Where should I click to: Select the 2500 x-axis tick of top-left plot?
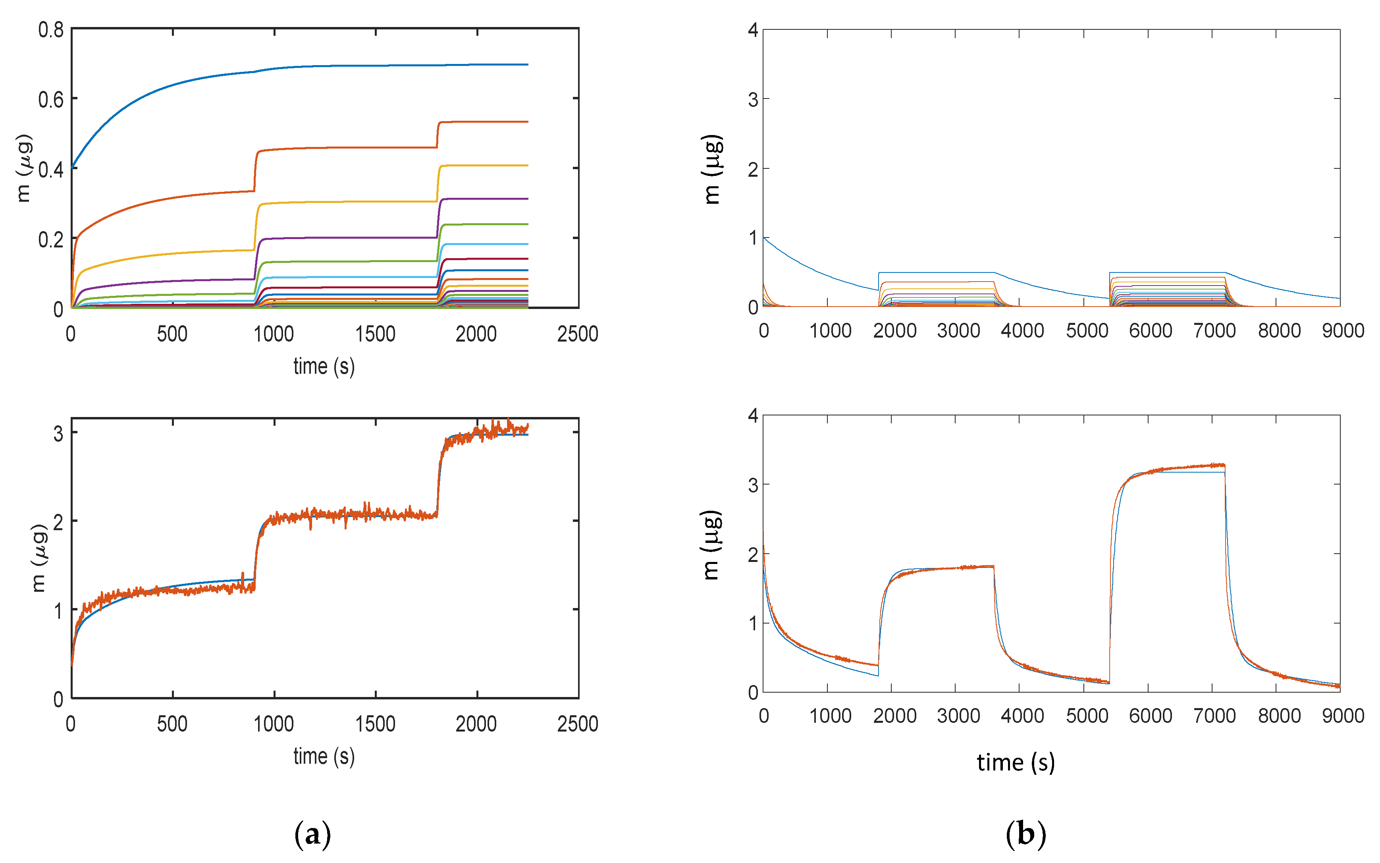[577, 334]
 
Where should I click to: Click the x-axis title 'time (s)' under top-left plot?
[324, 367]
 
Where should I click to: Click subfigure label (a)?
[312, 834]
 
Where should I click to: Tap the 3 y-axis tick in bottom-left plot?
[58, 434]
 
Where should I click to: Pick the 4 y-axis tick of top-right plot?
[753, 30]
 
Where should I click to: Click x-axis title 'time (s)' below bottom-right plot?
[1016, 763]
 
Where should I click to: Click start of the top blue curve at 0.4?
[72, 167]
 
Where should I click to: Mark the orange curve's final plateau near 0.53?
[485, 122]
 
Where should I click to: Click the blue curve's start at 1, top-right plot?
[765, 238]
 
